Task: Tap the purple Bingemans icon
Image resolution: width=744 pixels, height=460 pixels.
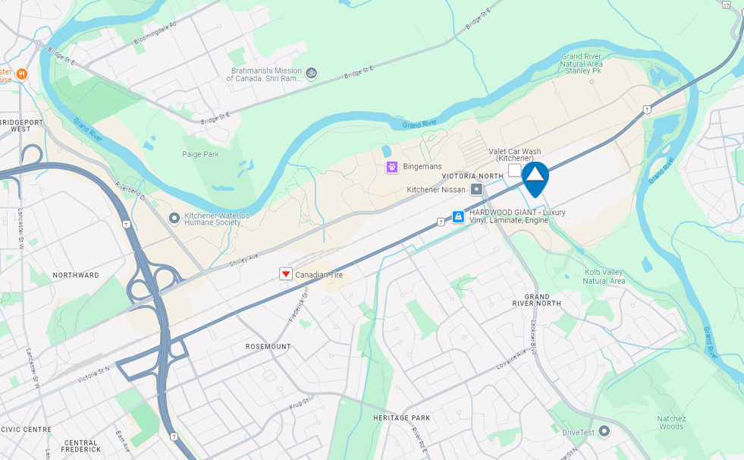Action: click(392, 167)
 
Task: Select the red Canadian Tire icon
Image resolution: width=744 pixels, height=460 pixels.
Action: click(286, 274)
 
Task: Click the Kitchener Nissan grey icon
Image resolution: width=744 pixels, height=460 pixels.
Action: click(476, 189)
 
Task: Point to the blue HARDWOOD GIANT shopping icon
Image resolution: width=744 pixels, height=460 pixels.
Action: click(458, 217)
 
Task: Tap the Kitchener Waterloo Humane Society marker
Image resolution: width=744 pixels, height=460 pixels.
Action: click(174, 219)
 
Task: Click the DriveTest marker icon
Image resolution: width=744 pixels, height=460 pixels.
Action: click(604, 432)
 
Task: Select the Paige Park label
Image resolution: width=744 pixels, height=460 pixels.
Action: click(200, 154)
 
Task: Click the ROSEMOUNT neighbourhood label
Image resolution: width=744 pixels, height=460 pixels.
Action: click(268, 347)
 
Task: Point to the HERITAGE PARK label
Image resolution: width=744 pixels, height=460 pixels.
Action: click(401, 418)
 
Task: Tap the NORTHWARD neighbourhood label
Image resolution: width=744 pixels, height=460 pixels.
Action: click(76, 275)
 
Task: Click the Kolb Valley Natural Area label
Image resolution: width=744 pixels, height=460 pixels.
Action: click(604, 276)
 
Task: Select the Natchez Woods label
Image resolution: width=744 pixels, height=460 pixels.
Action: click(671, 422)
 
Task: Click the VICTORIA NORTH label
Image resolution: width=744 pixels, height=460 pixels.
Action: click(472, 176)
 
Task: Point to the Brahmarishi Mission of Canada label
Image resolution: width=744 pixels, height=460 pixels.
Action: click(265, 75)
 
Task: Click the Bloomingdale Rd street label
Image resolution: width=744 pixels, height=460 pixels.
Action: click(154, 33)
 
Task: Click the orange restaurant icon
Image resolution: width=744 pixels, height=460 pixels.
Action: click(21, 74)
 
